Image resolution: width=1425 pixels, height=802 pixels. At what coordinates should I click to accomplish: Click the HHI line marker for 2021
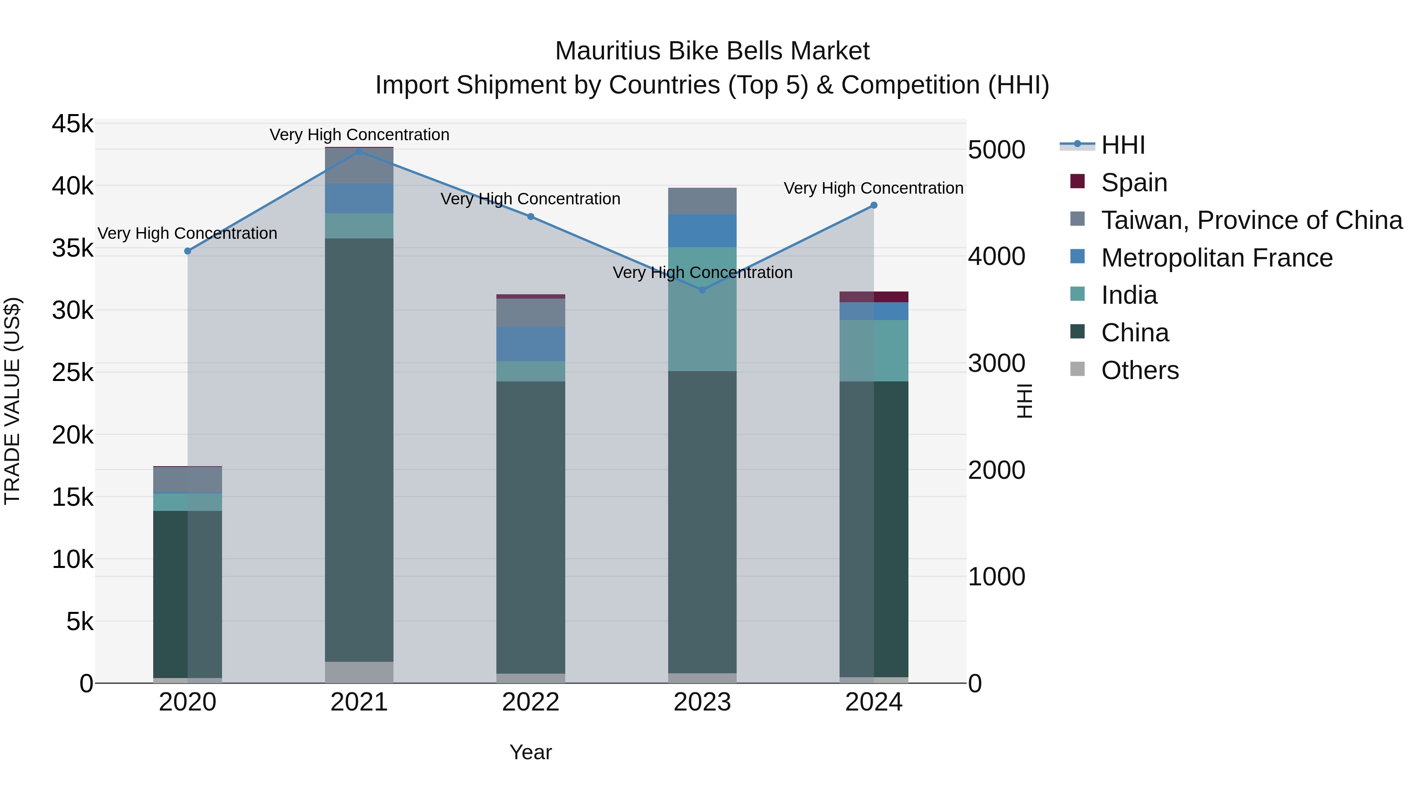(x=359, y=151)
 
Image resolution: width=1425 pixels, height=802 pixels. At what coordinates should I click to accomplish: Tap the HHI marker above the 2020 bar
(x=188, y=251)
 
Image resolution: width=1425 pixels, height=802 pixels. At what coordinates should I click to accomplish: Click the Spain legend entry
(x=1134, y=183)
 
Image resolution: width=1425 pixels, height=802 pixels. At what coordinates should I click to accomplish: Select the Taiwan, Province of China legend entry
(x=1251, y=220)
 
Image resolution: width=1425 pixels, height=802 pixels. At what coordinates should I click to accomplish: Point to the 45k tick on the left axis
(x=72, y=124)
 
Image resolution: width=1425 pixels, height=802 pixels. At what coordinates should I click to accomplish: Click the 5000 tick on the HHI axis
(x=996, y=150)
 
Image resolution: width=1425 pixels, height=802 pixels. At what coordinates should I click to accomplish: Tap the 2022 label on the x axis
(x=530, y=702)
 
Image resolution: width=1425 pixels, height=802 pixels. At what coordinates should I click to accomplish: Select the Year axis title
(x=530, y=752)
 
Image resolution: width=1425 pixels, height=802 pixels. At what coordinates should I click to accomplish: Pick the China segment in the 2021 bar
(x=359, y=450)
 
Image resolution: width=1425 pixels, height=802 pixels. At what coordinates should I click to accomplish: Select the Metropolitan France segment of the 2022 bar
(x=530, y=344)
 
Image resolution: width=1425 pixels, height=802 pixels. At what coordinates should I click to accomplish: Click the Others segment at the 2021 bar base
(x=359, y=672)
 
